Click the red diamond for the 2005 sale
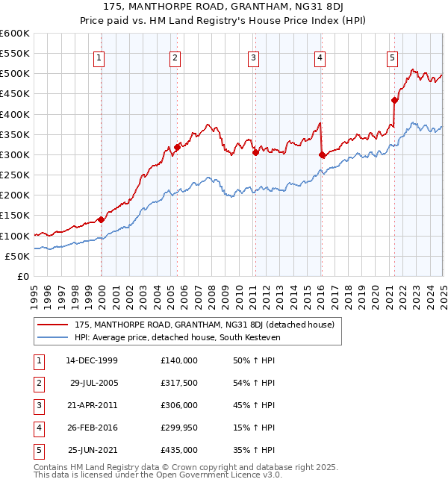tap(178, 148)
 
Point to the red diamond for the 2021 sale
tap(394, 100)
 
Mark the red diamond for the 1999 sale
tap(102, 219)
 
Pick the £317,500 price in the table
tap(178, 383)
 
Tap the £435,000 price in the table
tap(178, 450)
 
